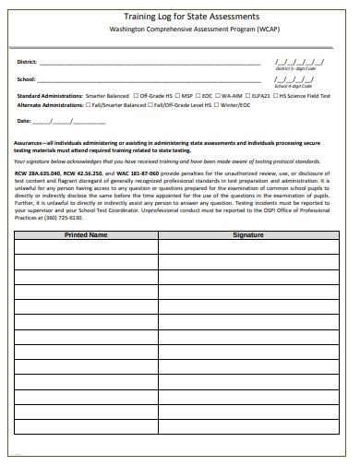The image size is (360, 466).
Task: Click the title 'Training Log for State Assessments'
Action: click(180, 16)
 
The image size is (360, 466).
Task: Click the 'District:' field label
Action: click(28, 62)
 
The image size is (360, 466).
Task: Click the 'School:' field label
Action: click(27, 79)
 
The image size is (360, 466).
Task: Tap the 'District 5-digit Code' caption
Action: click(295, 69)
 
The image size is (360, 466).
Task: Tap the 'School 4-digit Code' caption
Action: click(294, 86)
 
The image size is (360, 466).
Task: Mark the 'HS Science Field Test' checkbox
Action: click(276, 95)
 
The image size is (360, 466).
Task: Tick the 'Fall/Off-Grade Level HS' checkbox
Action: click(151, 105)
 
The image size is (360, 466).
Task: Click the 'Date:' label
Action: click(25, 121)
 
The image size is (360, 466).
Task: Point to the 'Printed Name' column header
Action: click(86, 235)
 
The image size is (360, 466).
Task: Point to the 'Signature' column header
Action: click(248, 235)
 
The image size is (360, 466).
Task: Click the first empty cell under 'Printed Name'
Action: click(86, 248)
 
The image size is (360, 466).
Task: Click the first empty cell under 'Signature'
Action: click(248, 248)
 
